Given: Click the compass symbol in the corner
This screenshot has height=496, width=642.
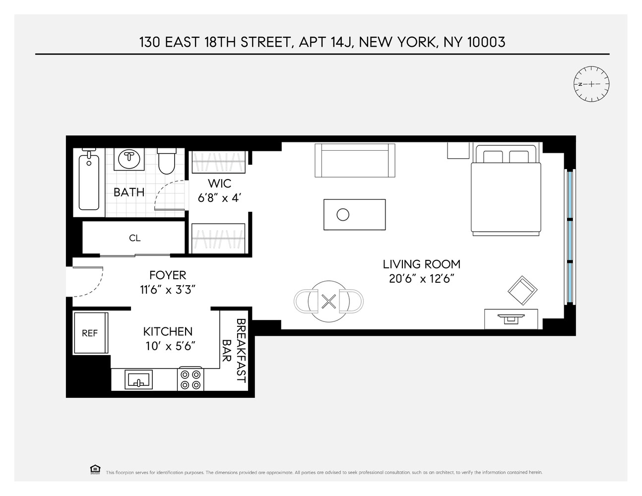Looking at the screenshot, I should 590,84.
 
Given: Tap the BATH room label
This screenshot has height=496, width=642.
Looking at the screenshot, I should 129,192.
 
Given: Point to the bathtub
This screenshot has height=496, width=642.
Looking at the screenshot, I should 89,182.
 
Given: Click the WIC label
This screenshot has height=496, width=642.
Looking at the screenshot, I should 219,184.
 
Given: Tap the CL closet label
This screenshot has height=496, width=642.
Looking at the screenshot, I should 134,238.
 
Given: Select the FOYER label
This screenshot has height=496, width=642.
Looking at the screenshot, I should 168,275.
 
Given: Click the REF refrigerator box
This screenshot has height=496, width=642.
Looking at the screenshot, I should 90,333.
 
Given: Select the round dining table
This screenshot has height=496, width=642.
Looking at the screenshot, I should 328,301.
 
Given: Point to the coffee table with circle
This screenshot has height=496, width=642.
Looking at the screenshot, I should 354,215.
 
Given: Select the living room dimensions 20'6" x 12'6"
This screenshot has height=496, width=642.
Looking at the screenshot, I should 422,278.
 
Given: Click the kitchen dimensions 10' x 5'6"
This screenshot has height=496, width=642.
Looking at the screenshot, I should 168,346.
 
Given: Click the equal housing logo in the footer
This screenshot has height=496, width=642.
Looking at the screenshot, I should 95,469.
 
